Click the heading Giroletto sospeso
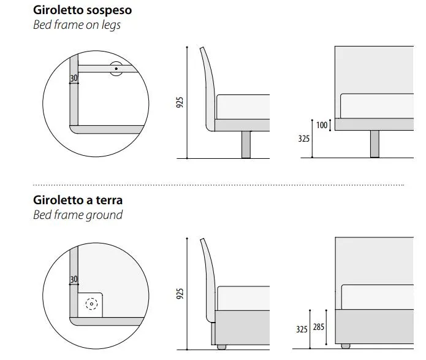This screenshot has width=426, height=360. pyautogui.click(x=82, y=10)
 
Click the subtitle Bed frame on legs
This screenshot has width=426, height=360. pyautogui.click(x=77, y=25)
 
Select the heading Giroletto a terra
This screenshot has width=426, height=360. pyautogui.click(x=78, y=200)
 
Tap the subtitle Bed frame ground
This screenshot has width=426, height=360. pyautogui.click(x=78, y=215)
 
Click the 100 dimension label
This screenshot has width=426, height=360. pyautogui.click(x=322, y=125)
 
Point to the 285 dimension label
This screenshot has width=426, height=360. pyautogui.click(x=318, y=326)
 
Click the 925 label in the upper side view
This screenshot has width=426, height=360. pyautogui.click(x=180, y=102)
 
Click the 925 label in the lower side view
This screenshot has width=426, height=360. pyautogui.click(x=180, y=294)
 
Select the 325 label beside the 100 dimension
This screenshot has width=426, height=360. pyautogui.click(x=304, y=139)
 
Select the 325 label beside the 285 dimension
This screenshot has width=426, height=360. pyautogui.click(x=302, y=329)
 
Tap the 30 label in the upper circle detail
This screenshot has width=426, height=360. pyautogui.click(x=74, y=79)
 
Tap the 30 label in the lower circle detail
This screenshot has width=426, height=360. pyautogui.click(x=74, y=280)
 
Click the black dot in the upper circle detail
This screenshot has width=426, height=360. pyautogui.click(x=116, y=69)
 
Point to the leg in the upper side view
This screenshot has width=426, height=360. pyautogui.click(x=246, y=144)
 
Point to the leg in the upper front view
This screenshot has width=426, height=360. pyautogui.click(x=375, y=144)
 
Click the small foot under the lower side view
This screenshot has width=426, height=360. pyautogui.click(x=221, y=347)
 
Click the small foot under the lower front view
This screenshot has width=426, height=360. pyautogui.click(x=346, y=346)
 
